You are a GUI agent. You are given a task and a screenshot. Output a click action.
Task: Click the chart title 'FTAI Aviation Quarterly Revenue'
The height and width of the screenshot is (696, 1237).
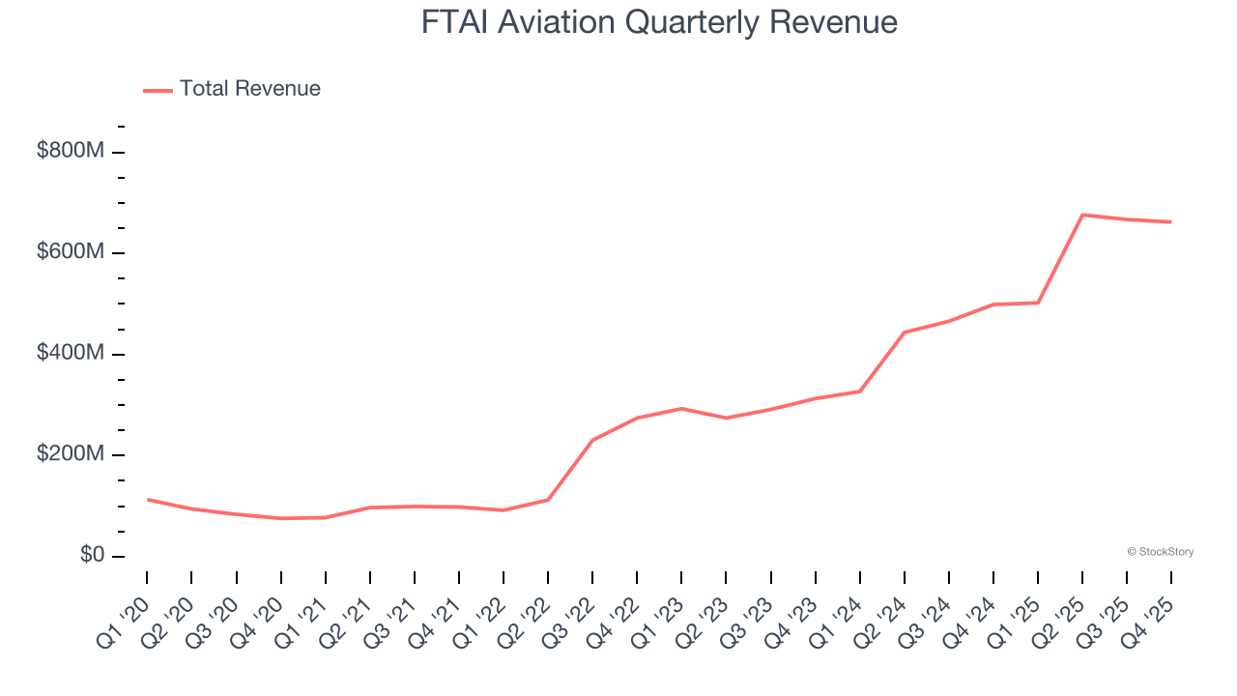pyautogui.click(x=659, y=22)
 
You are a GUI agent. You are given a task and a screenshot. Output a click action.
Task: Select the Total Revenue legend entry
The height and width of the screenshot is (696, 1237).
pyautogui.click(x=232, y=89)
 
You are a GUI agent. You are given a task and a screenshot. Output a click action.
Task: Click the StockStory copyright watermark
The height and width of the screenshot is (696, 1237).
pyautogui.click(x=1160, y=552)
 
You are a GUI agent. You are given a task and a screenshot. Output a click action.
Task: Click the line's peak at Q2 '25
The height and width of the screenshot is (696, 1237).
pyautogui.click(x=1082, y=215)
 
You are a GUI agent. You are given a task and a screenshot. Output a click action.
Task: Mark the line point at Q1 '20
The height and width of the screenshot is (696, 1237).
pyautogui.click(x=147, y=500)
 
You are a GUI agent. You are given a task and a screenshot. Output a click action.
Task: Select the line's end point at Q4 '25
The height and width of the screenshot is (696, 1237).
pyautogui.click(x=1171, y=222)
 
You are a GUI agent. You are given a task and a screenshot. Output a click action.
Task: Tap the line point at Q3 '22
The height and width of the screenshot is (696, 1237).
pyautogui.click(x=592, y=440)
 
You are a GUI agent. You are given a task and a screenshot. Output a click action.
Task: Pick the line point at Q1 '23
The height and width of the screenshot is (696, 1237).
pyautogui.click(x=681, y=408)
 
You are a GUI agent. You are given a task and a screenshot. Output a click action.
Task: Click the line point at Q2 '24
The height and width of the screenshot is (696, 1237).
pyautogui.click(x=905, y=333)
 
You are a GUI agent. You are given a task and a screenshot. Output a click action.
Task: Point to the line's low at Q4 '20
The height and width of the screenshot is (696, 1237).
pyautogui.click(x=280, y=518)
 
